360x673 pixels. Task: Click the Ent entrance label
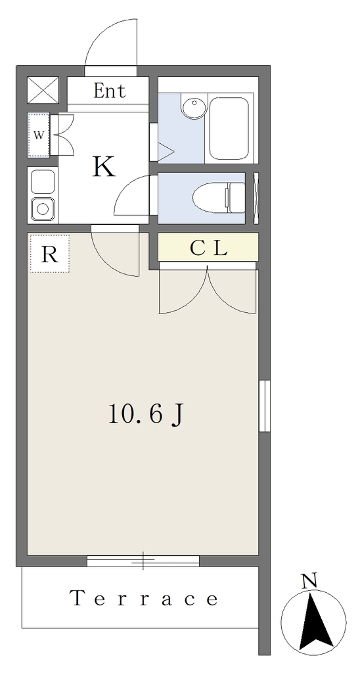click(110, 91)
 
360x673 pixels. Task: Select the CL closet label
click(208, 248)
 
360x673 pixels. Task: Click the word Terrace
click(144, 598)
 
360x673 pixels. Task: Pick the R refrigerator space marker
click(49, 254)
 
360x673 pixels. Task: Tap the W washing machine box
click(39, 135)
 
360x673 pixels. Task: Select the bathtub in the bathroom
click(229, 128)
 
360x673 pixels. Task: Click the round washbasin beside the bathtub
click(194, 107)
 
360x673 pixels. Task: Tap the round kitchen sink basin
click(43, 209)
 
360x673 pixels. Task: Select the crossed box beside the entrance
click(43, 90)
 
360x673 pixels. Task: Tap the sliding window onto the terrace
click(143, 561)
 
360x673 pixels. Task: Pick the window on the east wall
click(265, 406)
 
